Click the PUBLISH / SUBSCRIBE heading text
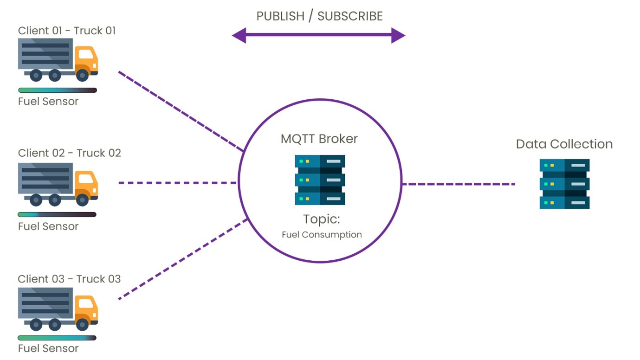[x=319, y=16]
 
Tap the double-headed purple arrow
[x=318, y=35]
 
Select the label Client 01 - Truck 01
[x=67, y=31]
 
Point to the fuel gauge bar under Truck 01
[x=57, y=90]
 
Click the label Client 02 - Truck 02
[x=69, y=153]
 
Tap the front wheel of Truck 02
[x=83, y=199]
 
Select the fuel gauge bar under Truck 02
[x=57, y=215]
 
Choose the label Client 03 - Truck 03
[x=69, y=279]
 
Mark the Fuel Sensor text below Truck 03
[x=48, y=348]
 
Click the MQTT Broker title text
[x=319, y=139]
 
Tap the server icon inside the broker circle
[x=320, y=180]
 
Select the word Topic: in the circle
[x=322, y=219]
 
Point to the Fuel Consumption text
[x=322, y=235]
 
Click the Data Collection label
[x=564, y=144]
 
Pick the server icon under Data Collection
[x=564, y=184]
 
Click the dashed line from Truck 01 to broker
[x=181, y=111]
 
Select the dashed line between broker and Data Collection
[x=459, y=184]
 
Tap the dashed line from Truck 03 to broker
[x=183, y=259]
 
